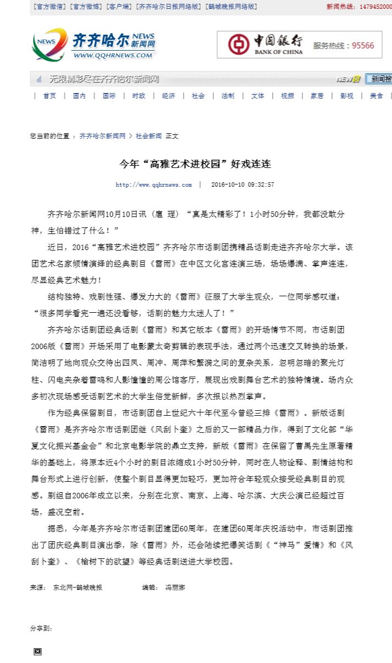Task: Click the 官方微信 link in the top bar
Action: (49, 7)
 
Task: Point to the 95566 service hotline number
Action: (363, 46)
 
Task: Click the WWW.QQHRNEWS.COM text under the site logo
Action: (113, 55)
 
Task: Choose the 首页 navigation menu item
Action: (49, 96)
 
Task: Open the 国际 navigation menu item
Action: (109, 96)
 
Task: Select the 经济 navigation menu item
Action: (168, 96)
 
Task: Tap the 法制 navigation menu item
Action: (228, 96)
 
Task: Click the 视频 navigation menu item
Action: (287, 96)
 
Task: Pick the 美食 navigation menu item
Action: (376, 96)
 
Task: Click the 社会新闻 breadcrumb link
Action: (148, 135)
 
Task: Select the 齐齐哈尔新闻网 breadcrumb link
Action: (102, 135)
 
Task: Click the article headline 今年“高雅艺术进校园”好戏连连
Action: (196, 164)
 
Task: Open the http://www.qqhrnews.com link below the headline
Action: (153, 185)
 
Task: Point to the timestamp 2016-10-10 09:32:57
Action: (242, 185)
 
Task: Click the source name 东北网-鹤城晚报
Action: (78, 588)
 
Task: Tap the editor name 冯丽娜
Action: (175, 588)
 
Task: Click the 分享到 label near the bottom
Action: (41, 628)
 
